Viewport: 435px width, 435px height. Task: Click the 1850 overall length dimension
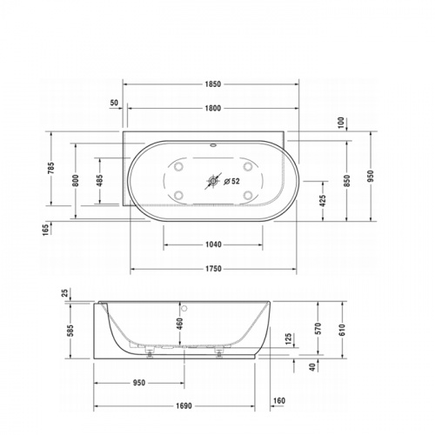pos(213,84)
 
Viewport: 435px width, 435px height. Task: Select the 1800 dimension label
pos(213,108)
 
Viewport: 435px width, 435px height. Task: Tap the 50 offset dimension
pos(114,103)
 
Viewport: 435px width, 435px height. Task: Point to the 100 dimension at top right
pos(341,123)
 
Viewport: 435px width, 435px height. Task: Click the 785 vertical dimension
pos(51,169)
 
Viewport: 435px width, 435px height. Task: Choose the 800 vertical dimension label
pos(76,180)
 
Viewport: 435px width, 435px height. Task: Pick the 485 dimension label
pos(99,180)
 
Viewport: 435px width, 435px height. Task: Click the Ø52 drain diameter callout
pos(232,181)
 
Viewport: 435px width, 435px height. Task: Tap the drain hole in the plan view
pos(213,181)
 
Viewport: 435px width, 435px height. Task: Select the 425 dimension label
pos(323,201)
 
